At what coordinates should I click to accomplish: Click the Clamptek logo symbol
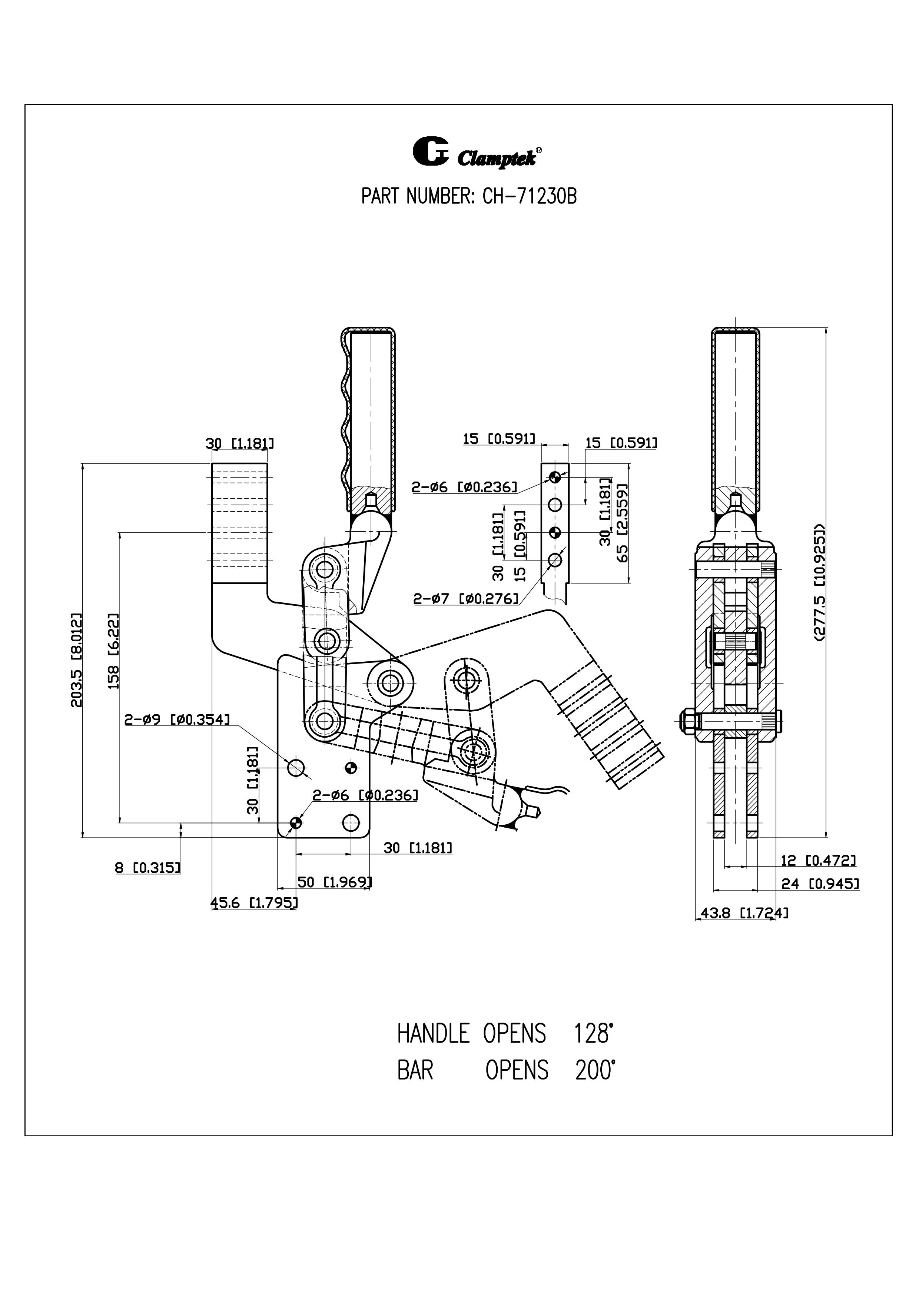tap(430, 152)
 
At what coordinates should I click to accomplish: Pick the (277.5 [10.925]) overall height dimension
tap(819, 583)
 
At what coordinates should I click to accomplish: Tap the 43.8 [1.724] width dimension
tap(744, 913)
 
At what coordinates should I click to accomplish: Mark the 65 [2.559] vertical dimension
tap(622, 522)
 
